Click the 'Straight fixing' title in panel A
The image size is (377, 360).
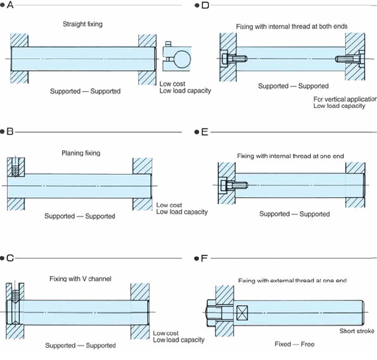[83, 24]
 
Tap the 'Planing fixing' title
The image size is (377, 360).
[81, 153]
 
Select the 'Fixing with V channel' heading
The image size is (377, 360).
[80, 279]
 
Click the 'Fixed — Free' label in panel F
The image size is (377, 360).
[294, 344]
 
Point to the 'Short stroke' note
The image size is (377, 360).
[356, 331]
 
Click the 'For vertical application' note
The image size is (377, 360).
[345, 99]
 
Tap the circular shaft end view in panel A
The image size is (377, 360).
[182, 59]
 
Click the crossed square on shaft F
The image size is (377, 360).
[242, 313]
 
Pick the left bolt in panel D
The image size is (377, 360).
[234, 59]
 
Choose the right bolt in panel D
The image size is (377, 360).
[350, 59]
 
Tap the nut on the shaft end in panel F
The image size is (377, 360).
[211, 313]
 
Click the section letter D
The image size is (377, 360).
[205, 5]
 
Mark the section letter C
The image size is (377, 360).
[10, 258]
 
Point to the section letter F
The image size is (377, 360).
[204, 259]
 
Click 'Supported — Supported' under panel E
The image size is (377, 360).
[294, 214]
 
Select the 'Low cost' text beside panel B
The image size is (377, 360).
[169, 205]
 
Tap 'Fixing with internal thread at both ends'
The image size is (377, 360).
[292, 26]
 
